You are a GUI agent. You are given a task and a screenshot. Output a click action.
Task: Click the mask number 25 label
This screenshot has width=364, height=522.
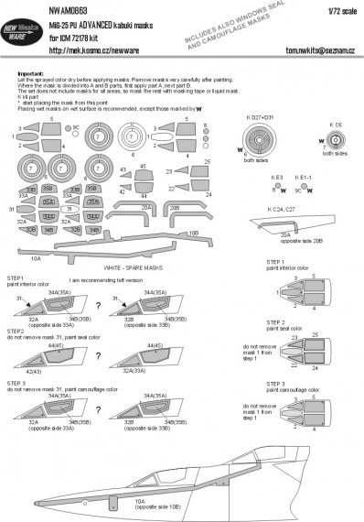(x=208, y=160)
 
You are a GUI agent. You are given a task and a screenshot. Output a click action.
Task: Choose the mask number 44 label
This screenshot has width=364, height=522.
(x=145, y=196)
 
